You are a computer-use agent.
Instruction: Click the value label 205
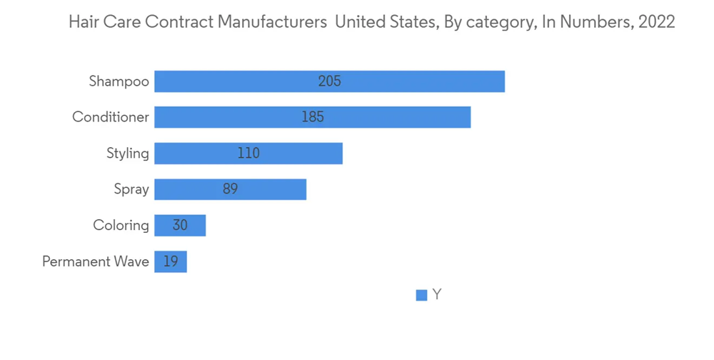click(x=330, y=81)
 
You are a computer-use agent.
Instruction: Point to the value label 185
click(x=313, y=117)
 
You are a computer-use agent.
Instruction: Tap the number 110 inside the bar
click(x=248, y=154)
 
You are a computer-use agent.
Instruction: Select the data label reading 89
click(x=230, y=189)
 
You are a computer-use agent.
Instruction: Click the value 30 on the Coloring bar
click(x=180, y=226)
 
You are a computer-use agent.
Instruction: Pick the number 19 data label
click(x=170, y=261)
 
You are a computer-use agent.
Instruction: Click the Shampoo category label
click(x=119, y=81)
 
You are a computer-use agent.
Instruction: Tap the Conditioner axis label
click(x=111, y=117)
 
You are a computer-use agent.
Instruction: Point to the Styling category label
click(x=128, y=154)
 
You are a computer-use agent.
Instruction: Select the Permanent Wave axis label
click(x=96, y=261)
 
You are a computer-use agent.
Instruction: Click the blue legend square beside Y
click(x=422, y=295)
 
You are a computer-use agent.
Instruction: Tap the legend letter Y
click(x=437, y=295)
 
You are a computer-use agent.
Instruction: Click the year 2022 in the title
click(x=657, y=22)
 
